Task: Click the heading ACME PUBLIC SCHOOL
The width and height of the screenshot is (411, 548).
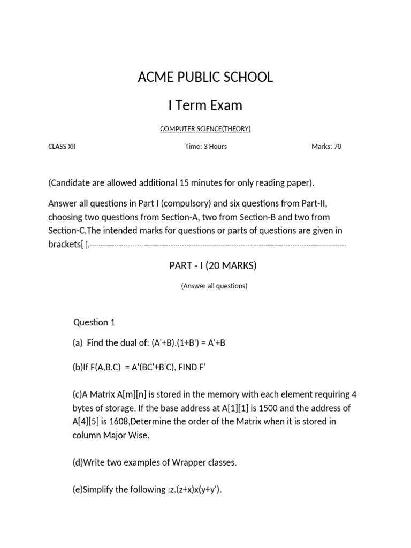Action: (x=205, y=77)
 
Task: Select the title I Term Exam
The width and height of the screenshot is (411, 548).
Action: (x=205, y=105)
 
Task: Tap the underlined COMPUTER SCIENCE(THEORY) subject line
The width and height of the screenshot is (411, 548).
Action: (x=205, y=128)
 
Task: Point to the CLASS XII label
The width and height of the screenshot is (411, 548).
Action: (x=62, y=147)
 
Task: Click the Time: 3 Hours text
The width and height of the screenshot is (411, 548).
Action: (x=206, y=147)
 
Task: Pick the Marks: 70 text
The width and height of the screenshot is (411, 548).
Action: (x=326, y=147)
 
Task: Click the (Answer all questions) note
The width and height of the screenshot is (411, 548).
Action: (x=214, y=286)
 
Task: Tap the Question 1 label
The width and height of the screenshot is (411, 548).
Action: (x=94, y=322)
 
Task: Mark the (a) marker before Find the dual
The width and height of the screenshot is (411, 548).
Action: (x=78, y=342)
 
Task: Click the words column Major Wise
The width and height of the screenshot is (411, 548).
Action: (x=111, y=435)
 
